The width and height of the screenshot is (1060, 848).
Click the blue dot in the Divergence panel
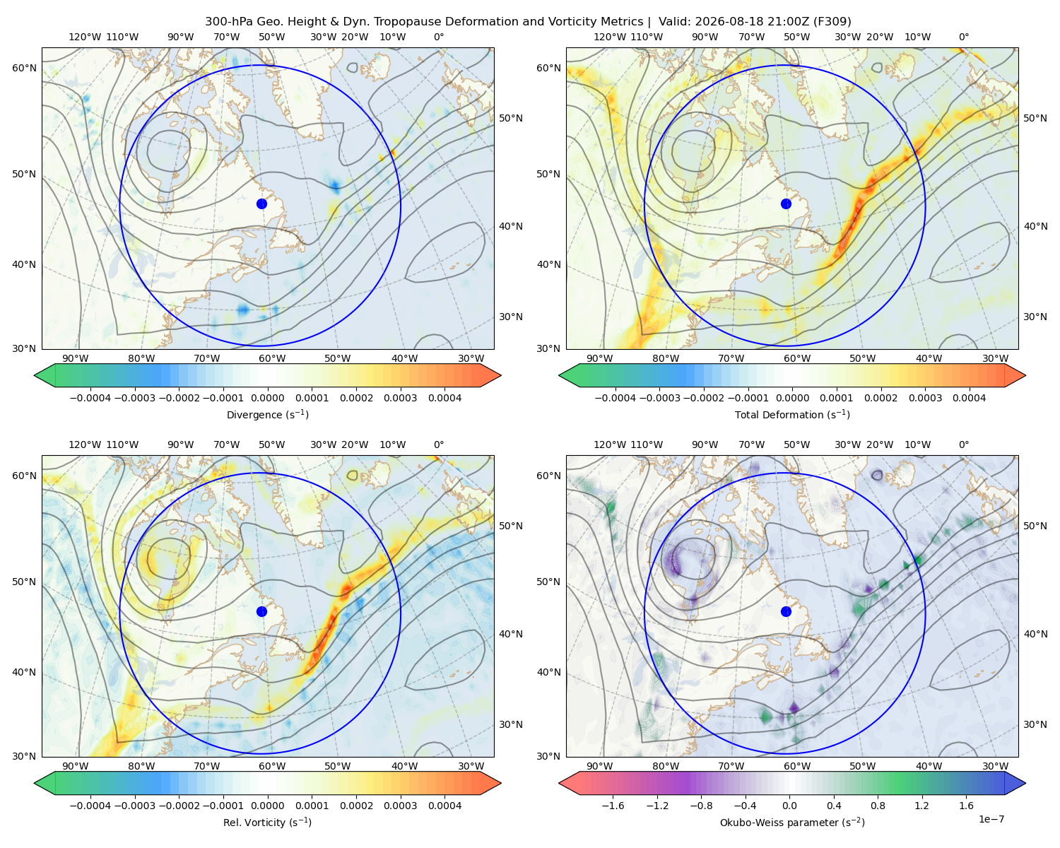(261, 204)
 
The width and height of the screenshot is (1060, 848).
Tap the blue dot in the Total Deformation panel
(786, 204)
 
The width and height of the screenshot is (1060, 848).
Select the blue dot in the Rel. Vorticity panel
(261, 611)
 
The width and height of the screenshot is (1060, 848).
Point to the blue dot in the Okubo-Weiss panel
(786, 611)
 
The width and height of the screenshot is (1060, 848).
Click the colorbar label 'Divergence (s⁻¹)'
(267, 415)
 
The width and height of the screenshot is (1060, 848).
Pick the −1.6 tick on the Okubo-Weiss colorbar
(613, 806)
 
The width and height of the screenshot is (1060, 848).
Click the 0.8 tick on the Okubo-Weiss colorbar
(878, 806)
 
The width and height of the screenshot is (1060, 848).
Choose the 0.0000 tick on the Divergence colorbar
(267, 398)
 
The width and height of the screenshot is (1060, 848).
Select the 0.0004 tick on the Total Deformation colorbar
(970, 398)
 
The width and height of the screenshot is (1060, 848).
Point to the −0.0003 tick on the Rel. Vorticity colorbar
(134, 806)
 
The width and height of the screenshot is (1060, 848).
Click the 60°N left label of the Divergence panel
(24, 68)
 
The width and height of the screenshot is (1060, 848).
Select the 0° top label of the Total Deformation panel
(964, 37)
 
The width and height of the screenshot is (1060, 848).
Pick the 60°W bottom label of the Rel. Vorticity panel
(272, 766)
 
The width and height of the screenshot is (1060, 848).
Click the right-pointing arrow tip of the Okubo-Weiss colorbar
(1025, 783)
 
